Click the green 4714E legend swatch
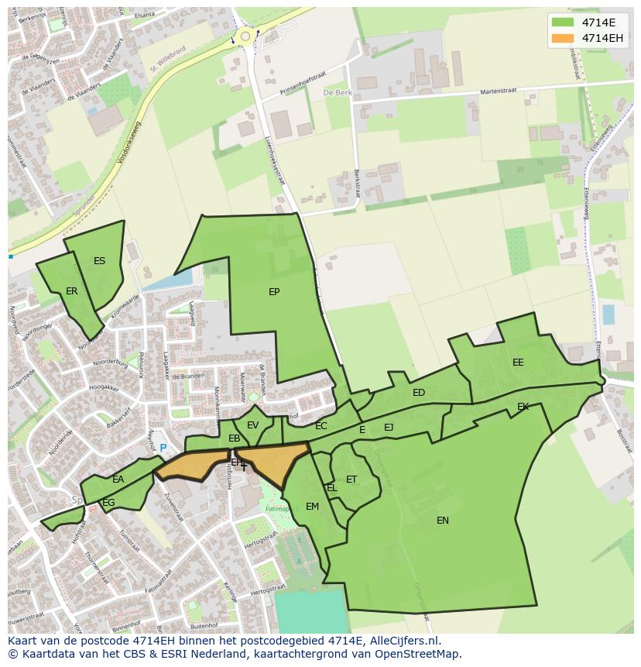coord(563,22)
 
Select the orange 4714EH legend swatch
coord(563,38)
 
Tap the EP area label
coord(274,292)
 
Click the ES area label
coord(99,261)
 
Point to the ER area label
coord(72,291)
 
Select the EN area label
coord(443,521)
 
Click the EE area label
coord(518,363)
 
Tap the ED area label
coord(419,393)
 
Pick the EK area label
coord(523,407)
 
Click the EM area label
coord(312,507)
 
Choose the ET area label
coord(351,480)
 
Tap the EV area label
coord(252,425)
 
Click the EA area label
coord(118,480)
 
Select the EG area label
coord(108,503)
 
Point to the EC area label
coord(321,426)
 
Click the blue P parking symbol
coord(163,448)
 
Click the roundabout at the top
coord(245,35)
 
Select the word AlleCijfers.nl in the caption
coord(402,641)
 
